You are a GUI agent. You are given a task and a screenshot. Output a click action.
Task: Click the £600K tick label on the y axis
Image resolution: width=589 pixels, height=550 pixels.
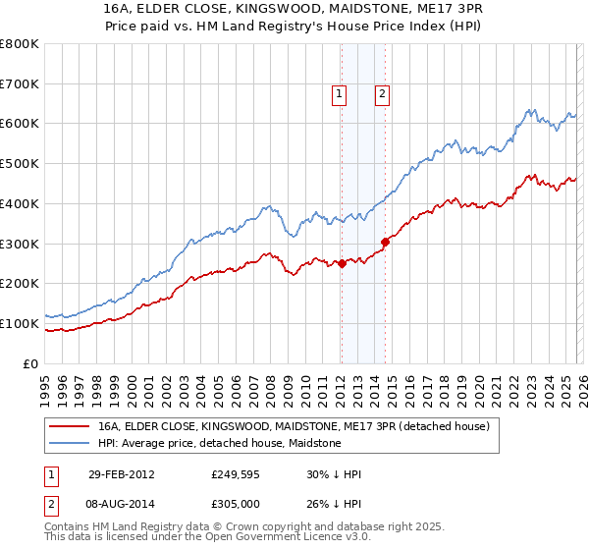pyautogui.click(x=20, y=124)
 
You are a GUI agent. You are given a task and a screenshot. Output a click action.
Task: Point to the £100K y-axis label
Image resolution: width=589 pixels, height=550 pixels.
pyautogui.click(x=20, y=323)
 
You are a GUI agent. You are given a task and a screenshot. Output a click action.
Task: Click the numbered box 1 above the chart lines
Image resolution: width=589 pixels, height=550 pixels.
pyautogui.click(x=339, y=95)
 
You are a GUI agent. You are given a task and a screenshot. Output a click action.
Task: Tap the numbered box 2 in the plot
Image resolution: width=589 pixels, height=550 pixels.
pyautogui.click(x=382, y=95)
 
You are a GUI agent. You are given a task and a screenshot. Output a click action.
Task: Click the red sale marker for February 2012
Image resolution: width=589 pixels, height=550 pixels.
pyautogui.click(x=342, y=263)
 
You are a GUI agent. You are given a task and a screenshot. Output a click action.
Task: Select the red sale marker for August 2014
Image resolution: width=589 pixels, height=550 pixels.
pyautogui.click(x=385, y=242)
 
